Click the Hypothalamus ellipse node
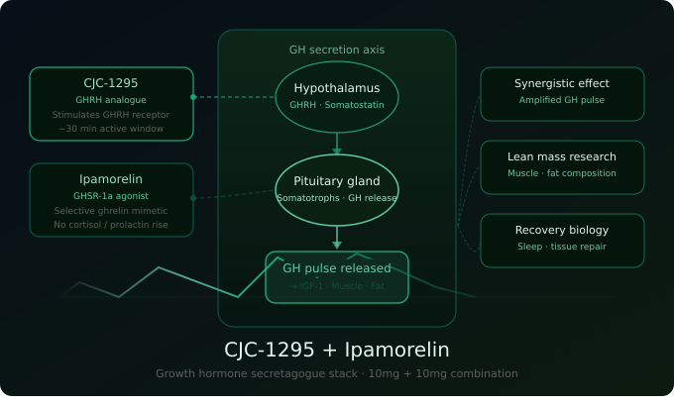[x=337, y=96]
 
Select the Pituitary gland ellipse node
[x=337, y=189]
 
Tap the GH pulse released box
[x=337, y=276]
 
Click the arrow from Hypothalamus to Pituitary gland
[x=337, y=145]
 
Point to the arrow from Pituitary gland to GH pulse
[x=337, y=238]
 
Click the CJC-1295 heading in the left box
[x=111, y=83]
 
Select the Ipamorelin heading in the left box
[x=111, y=179]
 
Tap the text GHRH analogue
[x=111, y=100]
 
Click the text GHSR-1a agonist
[x=111, y=196]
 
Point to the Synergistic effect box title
[x=562, y=83]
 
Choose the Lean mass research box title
[x=562, y=156]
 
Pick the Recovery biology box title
[x=562, y=230]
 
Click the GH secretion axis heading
[x=337, y=50]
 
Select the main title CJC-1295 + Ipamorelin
[x=337, y=350]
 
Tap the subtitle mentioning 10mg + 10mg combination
[x=337, y=373]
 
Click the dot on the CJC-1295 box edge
[x=193, y=97]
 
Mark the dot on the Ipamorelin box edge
[x=193, y=198]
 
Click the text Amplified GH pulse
[x=562, y=100]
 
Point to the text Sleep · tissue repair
[x=562, y=247]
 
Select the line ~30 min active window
[x=111, y=129]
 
